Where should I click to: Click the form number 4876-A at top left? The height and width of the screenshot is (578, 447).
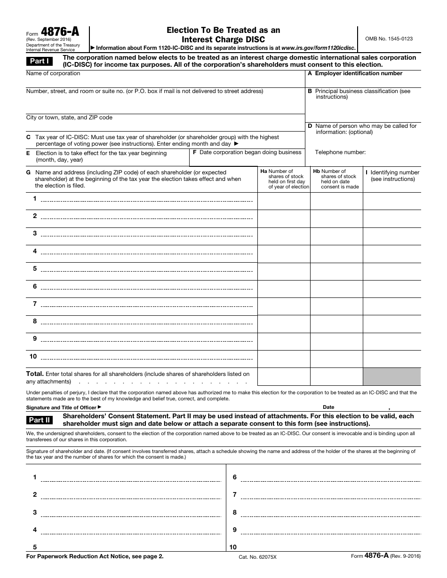click(x=60, y=32)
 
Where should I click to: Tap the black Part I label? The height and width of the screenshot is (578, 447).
click(x=40, y=61)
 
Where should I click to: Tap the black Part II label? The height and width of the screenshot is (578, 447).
click(x=40, y=420)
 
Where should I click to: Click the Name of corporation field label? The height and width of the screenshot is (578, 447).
click(x=53, y=73)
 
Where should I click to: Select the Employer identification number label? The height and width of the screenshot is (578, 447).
click(x=358, y=73)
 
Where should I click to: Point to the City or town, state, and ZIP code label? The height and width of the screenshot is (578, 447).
click(x=69, y=117)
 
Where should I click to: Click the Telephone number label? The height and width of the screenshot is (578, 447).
click(x=340, y=152)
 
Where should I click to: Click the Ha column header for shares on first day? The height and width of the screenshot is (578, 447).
click(x=284, y=179)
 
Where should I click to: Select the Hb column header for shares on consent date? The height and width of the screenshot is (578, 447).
click(x=337, y=179)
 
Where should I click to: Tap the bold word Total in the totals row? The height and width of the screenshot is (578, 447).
click(x=35, y=374)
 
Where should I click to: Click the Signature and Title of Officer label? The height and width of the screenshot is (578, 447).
click(x=64, y=407)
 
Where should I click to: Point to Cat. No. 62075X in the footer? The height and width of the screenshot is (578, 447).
click(x=258, y=556)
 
